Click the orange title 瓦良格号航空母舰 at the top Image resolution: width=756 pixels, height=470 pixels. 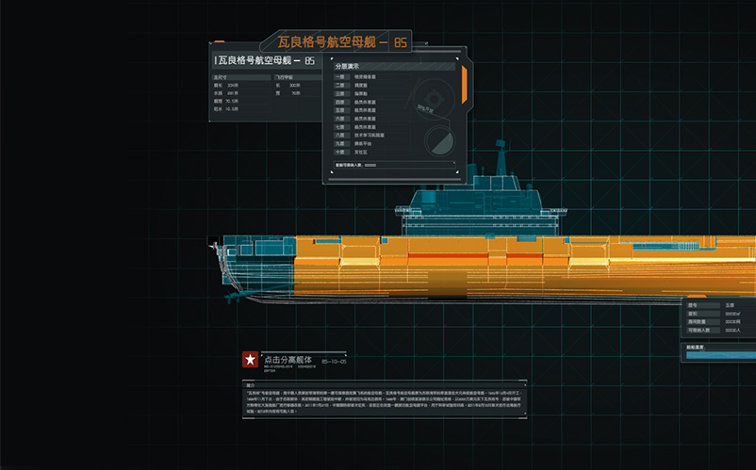tap(334, 42)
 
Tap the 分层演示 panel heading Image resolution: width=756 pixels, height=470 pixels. tap(349, 67)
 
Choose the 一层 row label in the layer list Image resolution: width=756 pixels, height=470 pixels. tap(340, 77)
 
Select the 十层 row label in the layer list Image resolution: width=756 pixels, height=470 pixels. tap(340, 151)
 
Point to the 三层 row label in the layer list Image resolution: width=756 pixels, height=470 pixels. tap(340, 94)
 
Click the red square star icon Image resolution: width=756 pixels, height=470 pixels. tap(250, 359)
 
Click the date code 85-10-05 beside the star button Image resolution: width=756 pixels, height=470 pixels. tap(335, 361)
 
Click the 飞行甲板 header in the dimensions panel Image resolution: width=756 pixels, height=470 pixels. tap(287, 77)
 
